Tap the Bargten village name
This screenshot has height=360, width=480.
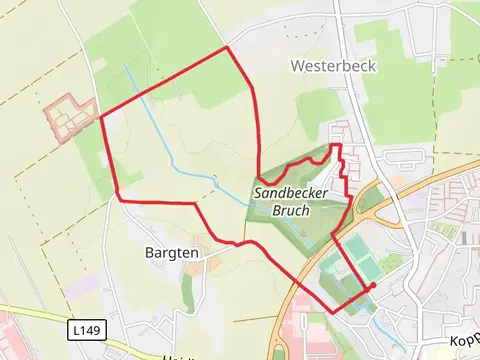pos(172,254)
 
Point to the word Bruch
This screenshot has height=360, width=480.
pos(290,211)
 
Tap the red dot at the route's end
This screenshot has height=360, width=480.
pos(371,286)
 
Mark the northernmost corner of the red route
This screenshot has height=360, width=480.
pos(227,47)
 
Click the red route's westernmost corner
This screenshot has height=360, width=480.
pos(101,118)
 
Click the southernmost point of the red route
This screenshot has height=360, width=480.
pos(332,313)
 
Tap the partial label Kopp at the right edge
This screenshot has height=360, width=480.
pos(465,340)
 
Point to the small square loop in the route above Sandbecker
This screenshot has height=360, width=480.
pos(336,151)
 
